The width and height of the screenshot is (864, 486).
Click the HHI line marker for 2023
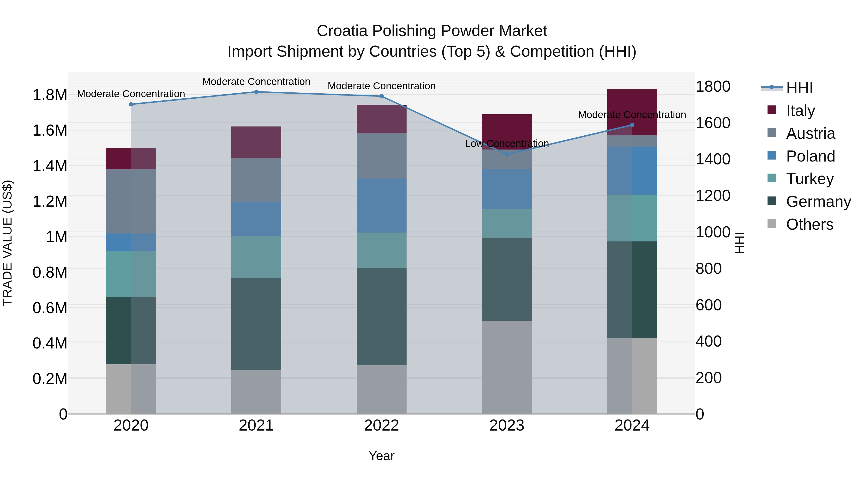pos(507,154)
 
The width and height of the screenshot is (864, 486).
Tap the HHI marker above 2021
pos(256,92)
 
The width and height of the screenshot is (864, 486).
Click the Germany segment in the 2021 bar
pos(256,324)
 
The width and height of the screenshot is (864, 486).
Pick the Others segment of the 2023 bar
pos(507,367)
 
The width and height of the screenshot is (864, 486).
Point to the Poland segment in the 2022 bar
pos(381,205)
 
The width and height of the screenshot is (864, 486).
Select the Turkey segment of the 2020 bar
pos(131,274)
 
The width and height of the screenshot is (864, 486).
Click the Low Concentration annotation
pos(507,144)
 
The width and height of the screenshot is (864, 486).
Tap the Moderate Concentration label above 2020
pos(131,94)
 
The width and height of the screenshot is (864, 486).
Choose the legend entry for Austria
pos(810,133)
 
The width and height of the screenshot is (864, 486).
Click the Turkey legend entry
pos(810,179)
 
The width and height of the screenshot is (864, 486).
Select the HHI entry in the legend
pos(799,88)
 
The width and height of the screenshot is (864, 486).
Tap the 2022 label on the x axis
pos(381,426)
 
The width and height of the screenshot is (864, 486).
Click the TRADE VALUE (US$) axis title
pos(7,243)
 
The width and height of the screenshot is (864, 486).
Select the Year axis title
pos(381,456)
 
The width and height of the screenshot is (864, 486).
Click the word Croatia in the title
pos(342,31)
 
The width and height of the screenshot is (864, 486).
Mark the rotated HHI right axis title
pos(739,243)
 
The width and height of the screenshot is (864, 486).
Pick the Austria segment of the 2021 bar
pos(256,180)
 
